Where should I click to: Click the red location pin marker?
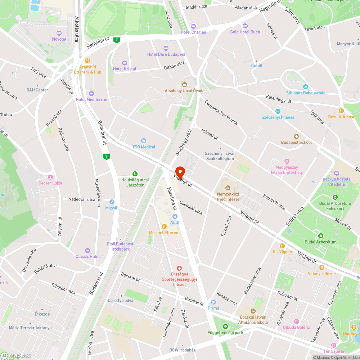(x=179, y=172)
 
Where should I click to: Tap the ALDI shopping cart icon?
(x=175, y=216)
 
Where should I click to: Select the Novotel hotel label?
(x=59, y=39)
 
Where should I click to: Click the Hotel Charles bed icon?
(x=193, y=26)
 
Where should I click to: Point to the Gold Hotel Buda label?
(x=245, y=32)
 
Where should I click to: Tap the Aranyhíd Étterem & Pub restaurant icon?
(x=87, y=61)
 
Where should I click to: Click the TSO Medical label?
(x=144, y=147)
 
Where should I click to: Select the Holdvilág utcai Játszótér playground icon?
(x=135, y=174)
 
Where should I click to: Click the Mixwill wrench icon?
(x=112, y=202)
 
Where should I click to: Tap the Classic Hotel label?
(x=87, y=256)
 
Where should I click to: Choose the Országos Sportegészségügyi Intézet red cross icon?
(x=179, y=268)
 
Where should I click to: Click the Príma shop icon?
(x=213, y=302)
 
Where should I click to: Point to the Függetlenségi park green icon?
(x=225, y=327)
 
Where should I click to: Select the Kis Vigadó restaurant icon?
(x=282, y=246)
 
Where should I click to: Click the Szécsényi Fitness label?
(x=278, y=117)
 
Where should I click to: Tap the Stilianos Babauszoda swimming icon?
(x=306, y=87)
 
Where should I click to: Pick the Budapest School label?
(x=296, y=142)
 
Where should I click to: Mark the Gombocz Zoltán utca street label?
(x=221, y=112)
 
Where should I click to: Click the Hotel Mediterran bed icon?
(x=91, y=94)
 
